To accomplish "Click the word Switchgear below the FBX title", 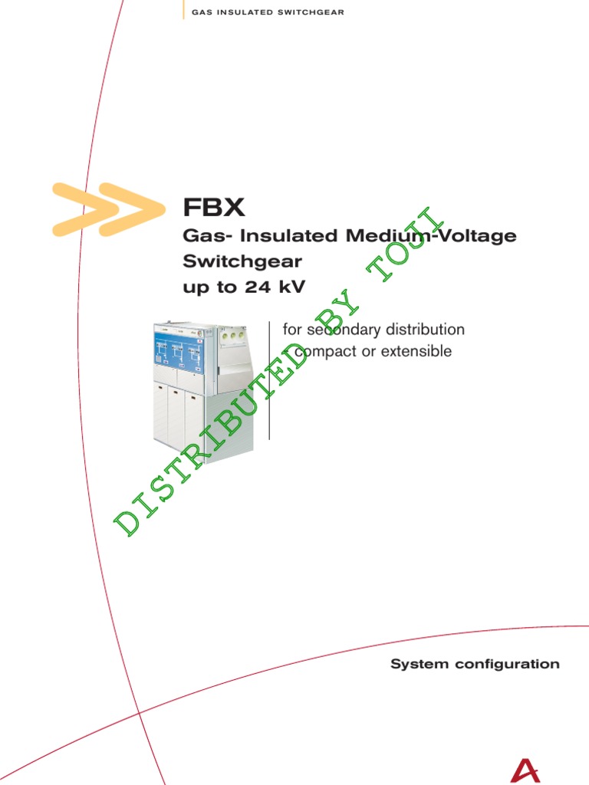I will (x=242, y=261).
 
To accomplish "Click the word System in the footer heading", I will (x=418, y=664).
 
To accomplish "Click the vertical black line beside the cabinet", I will (x=270, y=381).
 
